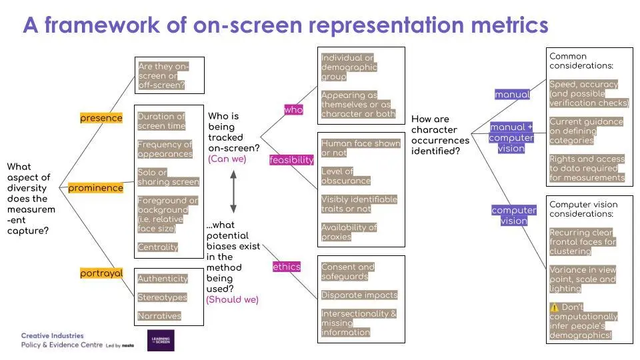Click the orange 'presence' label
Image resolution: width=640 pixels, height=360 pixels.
point(101,118)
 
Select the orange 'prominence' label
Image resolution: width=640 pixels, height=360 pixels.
point(95,188)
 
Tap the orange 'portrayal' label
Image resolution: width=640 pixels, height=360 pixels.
point(101,273)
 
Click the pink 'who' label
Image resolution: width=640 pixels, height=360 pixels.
point(293,109)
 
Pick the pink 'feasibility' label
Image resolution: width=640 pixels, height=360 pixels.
point(291,160)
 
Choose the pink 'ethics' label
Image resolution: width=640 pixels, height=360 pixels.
point(287,267)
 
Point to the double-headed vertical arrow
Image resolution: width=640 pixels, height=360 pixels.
point(233,191)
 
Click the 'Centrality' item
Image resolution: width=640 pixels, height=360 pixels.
point(158,247)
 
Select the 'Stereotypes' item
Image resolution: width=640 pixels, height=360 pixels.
point(162,297)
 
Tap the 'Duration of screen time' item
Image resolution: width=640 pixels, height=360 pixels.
point(161,121)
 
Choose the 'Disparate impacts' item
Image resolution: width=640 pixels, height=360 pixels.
point(359,295)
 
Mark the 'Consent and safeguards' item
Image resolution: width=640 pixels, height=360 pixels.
point(348,271)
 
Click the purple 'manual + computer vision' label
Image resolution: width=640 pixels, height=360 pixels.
point(511,137)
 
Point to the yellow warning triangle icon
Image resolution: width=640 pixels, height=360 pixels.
point(555,307)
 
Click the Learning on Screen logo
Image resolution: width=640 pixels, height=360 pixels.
point(161,340)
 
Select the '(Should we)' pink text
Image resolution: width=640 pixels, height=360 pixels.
point(232,299)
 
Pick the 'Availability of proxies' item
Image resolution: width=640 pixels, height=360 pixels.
point(349,232)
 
